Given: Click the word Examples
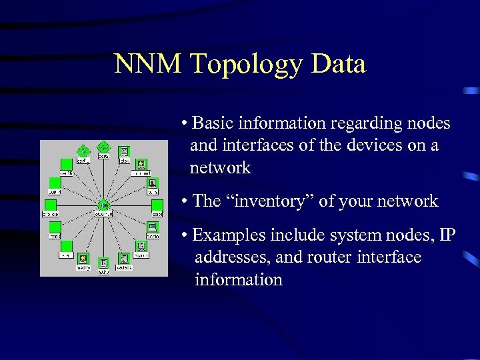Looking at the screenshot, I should [x=225, y=235].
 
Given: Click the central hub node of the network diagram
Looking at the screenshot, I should [x=103, y=205].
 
